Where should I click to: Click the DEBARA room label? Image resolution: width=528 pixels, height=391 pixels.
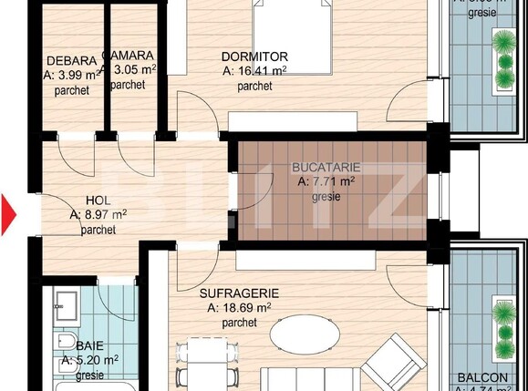[66, 62]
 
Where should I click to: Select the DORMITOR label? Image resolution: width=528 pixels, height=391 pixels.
[255, 57]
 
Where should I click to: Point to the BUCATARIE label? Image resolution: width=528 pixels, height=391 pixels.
[326, 168]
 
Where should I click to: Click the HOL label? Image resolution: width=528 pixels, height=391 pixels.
[98, 201]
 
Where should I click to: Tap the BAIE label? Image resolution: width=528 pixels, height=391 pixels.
[89, 346]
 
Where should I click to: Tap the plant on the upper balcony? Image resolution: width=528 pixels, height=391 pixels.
[503, 57]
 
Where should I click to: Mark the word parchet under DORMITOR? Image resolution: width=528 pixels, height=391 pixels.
[254, 87]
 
